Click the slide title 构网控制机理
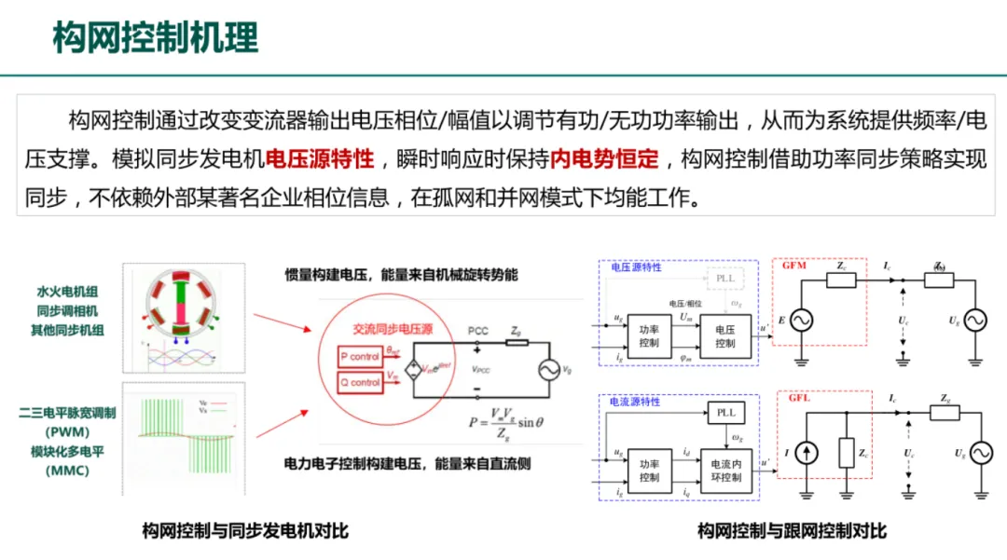155,38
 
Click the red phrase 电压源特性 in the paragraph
320,160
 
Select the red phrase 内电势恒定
603,160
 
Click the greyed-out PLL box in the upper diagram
724,278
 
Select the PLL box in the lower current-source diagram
724,411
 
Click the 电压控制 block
724,336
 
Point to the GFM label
794,266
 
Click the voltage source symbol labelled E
800,321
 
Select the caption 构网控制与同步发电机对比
245,531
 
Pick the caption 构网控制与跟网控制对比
793,531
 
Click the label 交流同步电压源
393,330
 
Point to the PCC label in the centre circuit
477,331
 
